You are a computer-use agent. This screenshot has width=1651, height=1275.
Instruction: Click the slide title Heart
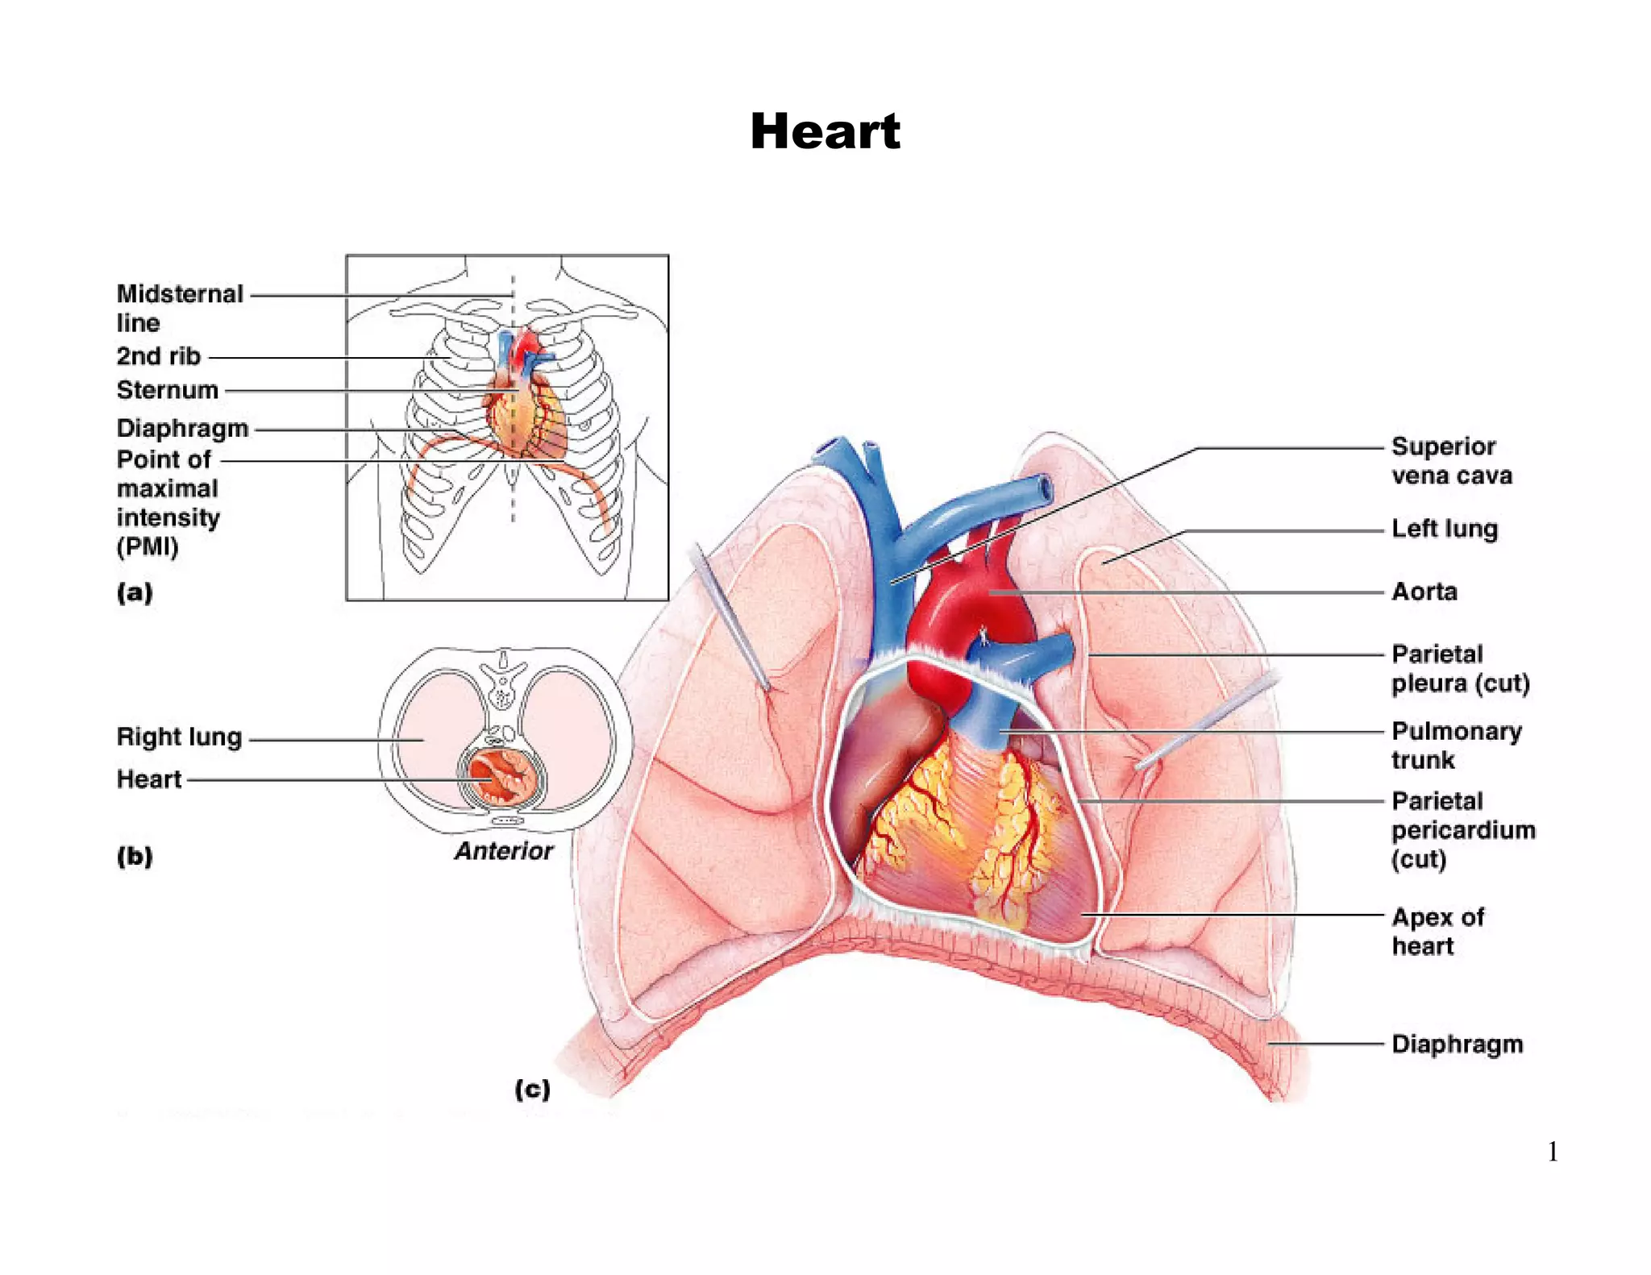pyautogui.click(x=825, y=131)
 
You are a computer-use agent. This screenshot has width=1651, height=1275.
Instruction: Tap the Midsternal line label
pyautogui.click(x=179, y=308)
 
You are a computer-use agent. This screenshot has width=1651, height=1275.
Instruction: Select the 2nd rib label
pyautogui.click(x=158, y=356)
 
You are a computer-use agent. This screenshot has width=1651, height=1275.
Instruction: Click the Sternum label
pyautogui.click(x=168, y=390)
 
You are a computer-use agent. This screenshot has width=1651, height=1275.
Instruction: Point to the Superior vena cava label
pyautogui.click(x=1450, y=461)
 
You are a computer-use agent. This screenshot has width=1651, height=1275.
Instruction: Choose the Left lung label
pyautogui.click(x=1444, y=530)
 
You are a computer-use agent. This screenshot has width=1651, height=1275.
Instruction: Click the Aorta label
pyautogui.click(x=1424, y=592)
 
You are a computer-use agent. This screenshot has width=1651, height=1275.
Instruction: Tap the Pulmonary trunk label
pyautogui.click(x=1455, y=745)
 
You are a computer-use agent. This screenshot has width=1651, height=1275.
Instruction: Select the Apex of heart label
pyautogui.click(x=1437, y=931)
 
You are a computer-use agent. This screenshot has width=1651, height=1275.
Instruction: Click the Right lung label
pyautogui.click(x=179, y=737)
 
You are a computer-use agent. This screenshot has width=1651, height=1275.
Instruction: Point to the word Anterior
pyautogui.click(x=504, y=851)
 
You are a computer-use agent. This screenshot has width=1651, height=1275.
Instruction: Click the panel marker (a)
pyautogui.click(x=135, y=593)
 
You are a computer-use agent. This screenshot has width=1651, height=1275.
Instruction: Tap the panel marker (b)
pyautogui.click(x=135, y=856)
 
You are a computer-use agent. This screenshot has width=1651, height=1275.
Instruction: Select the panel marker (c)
pyautogui.click(x=532, y=1090)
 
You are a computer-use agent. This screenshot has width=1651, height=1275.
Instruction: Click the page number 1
pyautogui.click(x=1553, y=1152)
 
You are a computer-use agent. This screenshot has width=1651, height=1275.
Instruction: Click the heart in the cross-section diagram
pyautogui.click(x=501, y=775)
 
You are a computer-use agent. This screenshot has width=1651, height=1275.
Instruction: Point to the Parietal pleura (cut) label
pyautogui.click(x=1459, y=669)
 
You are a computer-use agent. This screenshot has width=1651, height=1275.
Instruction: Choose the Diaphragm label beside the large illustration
pyautogui.click(x=1457, y=1045)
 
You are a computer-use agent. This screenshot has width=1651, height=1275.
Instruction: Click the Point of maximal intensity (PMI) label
pyautogui.click(x=168, y=503)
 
